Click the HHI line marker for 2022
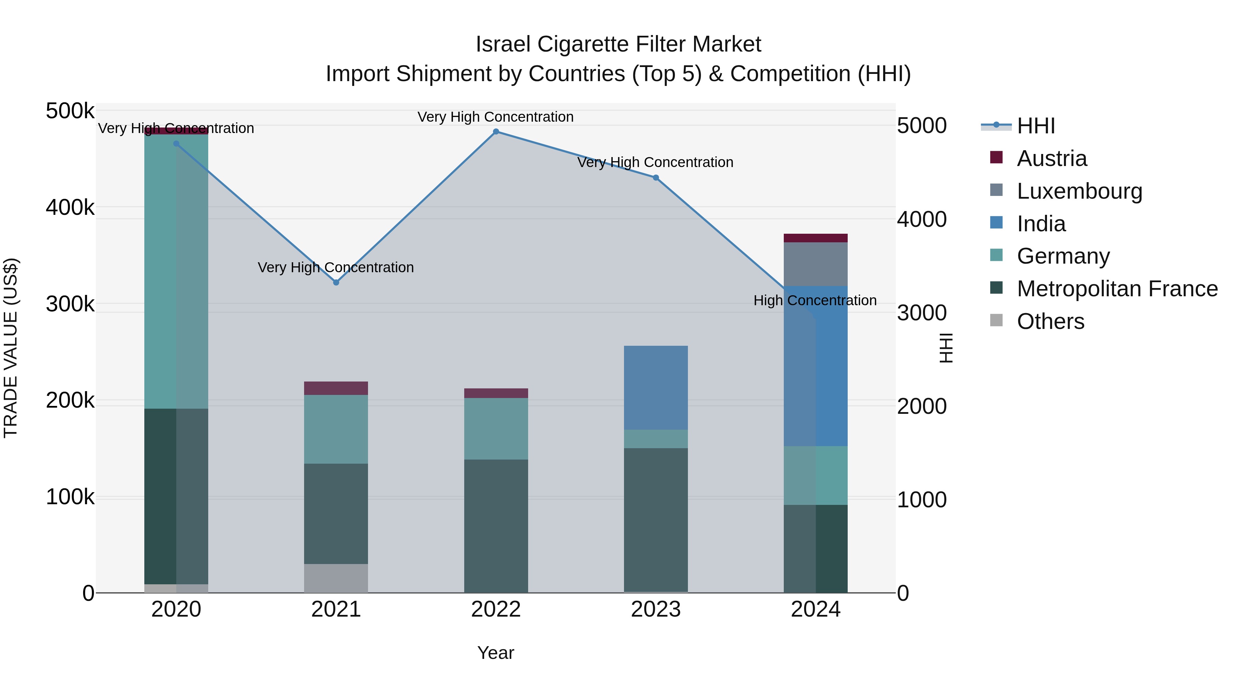pos(496,132)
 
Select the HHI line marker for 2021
pos(336,283)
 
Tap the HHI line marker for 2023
pos(656,178)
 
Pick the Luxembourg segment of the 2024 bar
pos(815,264)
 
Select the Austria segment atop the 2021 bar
pos(336,388)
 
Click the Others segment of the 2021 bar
pos(336,578)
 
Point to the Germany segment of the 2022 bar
pos(496,429)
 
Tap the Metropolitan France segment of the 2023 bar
pos(656,520)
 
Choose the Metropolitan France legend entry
pos(1117,289)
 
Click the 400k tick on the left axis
pos(70,208)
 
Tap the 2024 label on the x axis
pos(815,609)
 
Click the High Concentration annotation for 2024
pos(815,301)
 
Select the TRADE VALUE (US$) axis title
pos(11,348)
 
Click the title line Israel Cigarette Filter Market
pos(618,44)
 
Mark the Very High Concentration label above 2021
pos(336,267)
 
